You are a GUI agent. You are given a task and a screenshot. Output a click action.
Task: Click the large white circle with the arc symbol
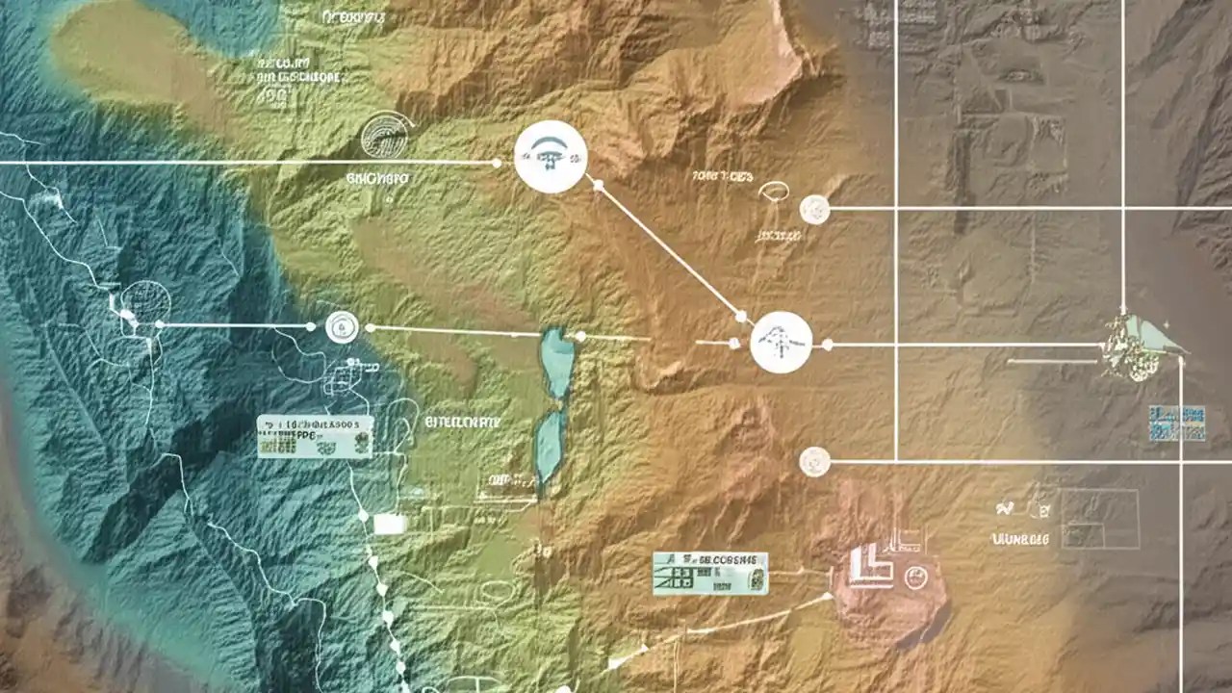coord(551,157)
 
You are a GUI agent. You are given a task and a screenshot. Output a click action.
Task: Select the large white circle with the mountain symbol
coord(781,343)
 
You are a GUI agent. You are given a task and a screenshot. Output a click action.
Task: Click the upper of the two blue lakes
coord(557,361)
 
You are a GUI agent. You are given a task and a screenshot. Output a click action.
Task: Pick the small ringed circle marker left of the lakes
coord(342,326)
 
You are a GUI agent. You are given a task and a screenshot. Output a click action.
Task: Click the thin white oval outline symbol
coord(772,192)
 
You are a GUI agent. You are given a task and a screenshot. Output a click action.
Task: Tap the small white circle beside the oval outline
coord(814,208)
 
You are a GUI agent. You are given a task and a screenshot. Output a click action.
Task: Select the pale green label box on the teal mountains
coord(315,436)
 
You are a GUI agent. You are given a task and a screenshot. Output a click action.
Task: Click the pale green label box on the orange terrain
coord(710,573)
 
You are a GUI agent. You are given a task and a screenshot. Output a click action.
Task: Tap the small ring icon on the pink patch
coord(915,577)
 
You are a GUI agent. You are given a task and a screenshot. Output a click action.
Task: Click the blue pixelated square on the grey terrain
coord(1177,423)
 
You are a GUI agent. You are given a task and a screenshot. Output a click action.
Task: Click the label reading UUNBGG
coord(1019,540)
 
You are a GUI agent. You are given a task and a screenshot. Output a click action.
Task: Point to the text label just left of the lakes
coord(462,422)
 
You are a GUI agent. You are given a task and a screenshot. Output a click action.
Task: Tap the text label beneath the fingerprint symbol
coord(376,178)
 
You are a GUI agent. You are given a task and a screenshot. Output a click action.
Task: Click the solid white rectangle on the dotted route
coord(389,524)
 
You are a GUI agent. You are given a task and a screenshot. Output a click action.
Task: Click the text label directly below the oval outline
coord(778,235)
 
